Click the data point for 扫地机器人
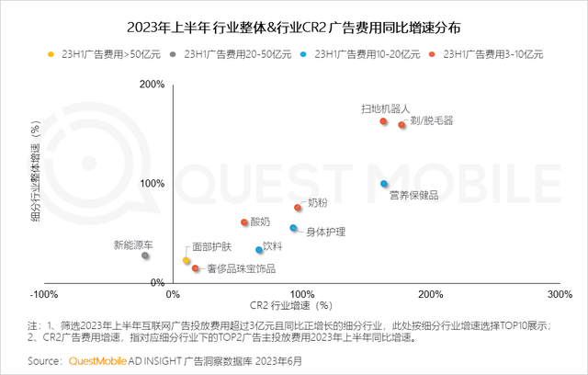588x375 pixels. click(383, 121)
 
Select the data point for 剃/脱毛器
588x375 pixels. click(401, 125)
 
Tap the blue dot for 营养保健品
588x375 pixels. click(384, 184)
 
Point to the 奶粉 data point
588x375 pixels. click(298, 208)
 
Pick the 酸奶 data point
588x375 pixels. click(244, 222)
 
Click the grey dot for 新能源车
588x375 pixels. click(145, 256)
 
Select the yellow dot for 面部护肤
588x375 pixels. click(187, 261)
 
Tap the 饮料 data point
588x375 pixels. click(259, 250)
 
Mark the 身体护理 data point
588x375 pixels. click(294, 228)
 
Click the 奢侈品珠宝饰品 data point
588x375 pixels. click(196, 268)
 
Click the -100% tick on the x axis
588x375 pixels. click(44, 294)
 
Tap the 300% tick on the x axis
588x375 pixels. click(559, 294)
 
